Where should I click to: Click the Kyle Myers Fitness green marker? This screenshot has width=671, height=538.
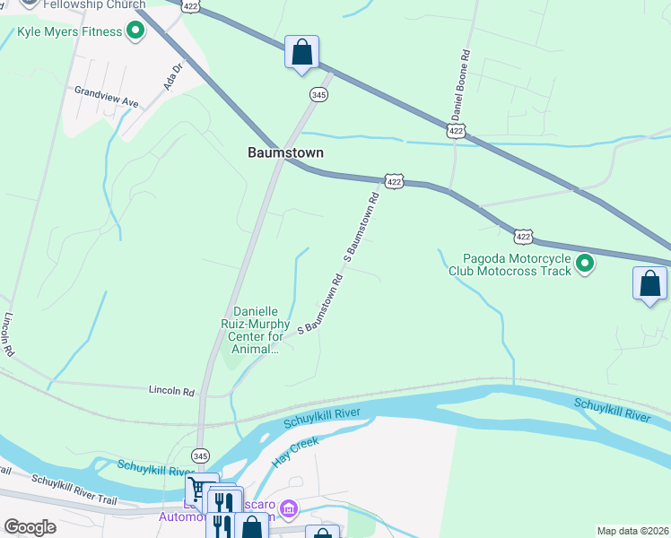[x=135, y=32]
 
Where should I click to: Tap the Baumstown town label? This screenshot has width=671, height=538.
[x=285, y=153]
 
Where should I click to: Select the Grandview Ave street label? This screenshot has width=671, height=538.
[x=107, y=97]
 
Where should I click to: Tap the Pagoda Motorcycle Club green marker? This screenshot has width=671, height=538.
[x=585, y=264]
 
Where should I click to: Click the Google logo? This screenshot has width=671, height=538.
[x=30, y=527]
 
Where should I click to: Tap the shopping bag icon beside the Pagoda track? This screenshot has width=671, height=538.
[x=649, y=284]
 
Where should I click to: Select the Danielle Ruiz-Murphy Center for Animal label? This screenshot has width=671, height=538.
[x=256, y=330]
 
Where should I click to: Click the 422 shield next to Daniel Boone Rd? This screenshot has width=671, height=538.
[x=457, y=131]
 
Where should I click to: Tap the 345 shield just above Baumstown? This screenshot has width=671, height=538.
[x=318, y=94]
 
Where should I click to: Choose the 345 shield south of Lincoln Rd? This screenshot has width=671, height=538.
[x=201, y=455]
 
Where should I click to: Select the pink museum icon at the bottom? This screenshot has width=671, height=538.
[x=288, y=509]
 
